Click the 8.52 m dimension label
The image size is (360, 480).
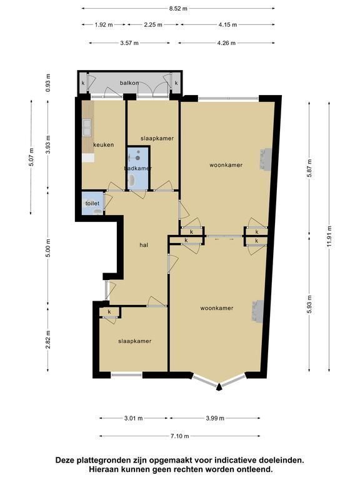178,9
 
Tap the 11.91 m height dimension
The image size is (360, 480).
329,236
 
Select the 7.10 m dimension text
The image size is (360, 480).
180,436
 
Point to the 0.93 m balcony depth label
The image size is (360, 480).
48,83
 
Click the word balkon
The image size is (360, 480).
129,83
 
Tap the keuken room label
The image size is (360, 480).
104,145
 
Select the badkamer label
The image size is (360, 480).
137,168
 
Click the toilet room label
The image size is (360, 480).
92,203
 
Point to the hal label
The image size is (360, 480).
144,245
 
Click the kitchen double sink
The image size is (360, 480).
87,127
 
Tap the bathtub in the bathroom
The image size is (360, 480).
132,181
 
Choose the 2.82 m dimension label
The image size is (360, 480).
48,340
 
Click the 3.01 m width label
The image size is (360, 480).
134,418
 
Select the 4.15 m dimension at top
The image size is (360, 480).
227,25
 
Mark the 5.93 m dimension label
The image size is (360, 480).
309,304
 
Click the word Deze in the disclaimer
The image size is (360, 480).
65,460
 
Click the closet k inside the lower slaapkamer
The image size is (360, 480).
109,312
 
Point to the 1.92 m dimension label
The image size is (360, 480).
104,25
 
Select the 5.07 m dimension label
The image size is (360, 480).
31,157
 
